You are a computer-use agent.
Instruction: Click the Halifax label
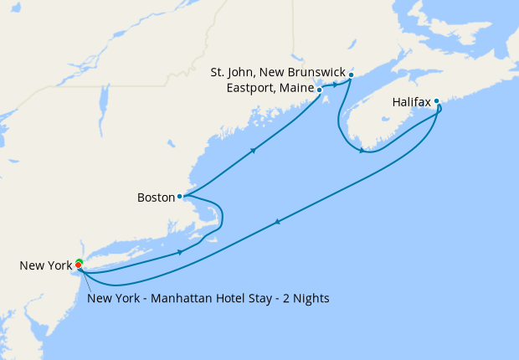[411, 102]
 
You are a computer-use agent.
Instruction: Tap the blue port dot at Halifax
[436, 101]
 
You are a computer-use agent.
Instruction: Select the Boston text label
[156, 198]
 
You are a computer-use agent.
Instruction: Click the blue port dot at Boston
[180, 197]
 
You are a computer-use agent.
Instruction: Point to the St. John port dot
[351, 75]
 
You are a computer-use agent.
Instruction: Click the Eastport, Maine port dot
[319, 89]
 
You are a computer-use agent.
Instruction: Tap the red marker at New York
[79, 266]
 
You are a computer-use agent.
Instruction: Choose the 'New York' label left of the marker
[45, 266]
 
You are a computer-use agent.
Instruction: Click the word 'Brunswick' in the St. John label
[312, 75]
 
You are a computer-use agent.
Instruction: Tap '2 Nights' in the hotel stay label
[306, 299]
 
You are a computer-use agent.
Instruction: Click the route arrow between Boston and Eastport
[252, 151]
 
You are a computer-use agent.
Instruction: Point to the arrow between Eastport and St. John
[335, 85]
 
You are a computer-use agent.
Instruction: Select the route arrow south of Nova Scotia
[362, 151]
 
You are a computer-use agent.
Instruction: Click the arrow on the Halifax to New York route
[277, 222]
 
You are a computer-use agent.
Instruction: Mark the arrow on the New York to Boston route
[180, 252]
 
